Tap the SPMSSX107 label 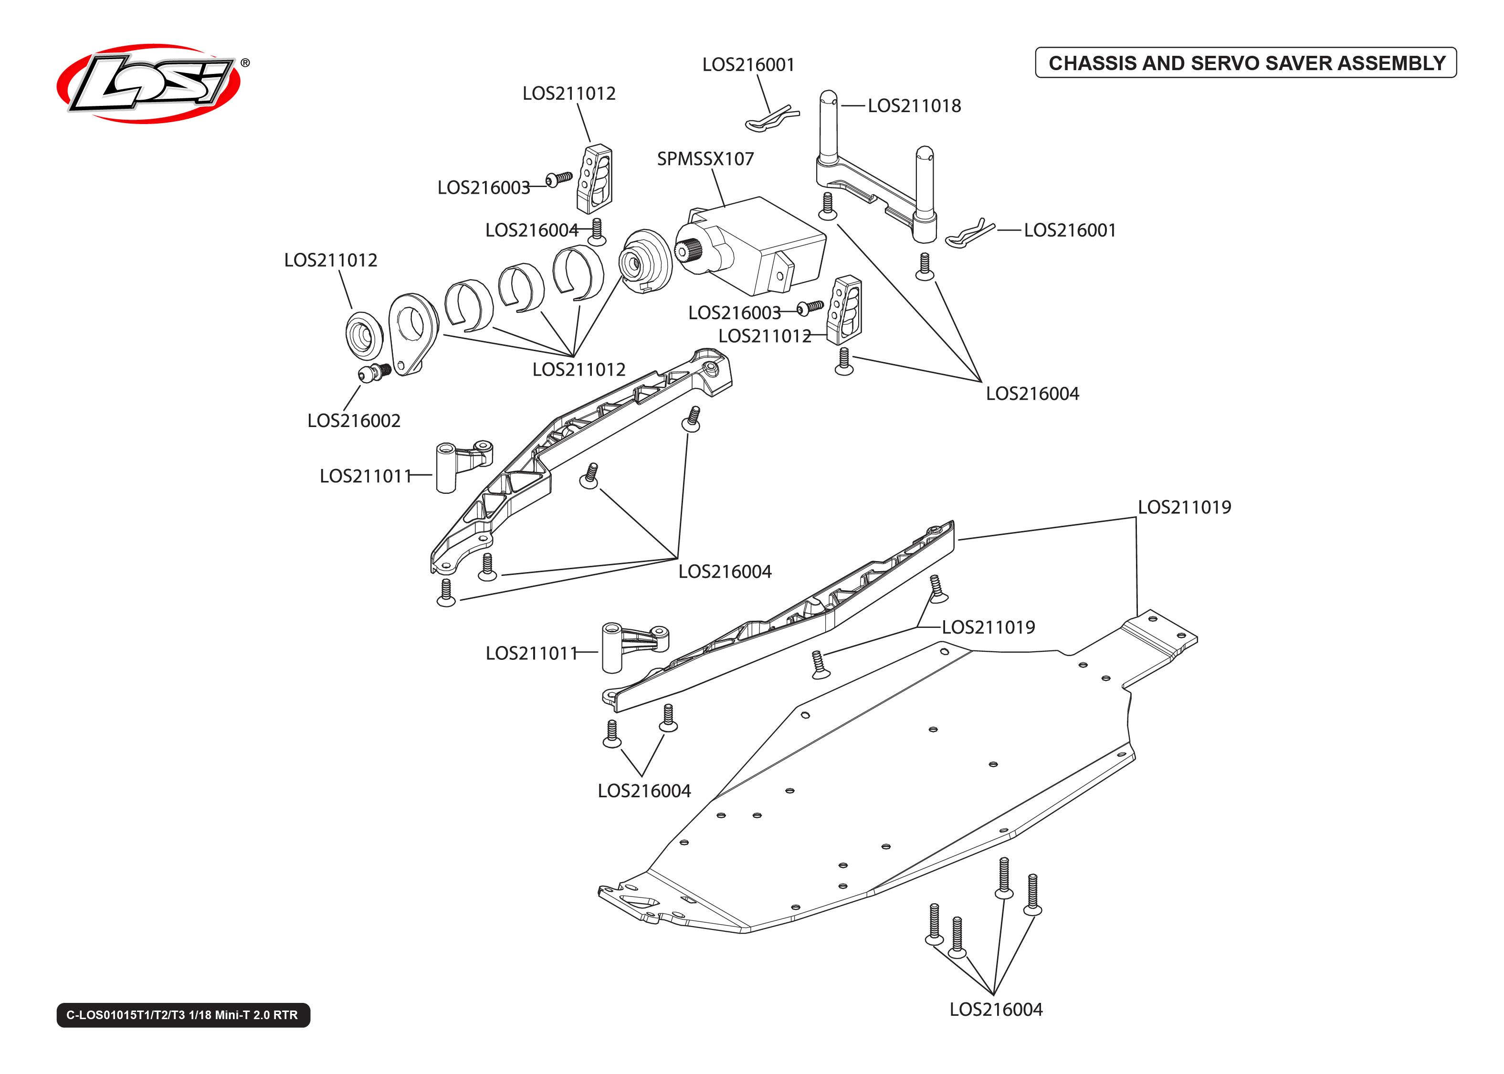(705, 159)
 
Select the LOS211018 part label (914, 106)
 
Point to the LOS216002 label (354, 421)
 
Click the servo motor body (761, 245)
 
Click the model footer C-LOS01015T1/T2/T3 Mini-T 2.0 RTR (182, 1014)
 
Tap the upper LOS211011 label (365, 476)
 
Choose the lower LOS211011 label (531, 653)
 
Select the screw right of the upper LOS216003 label (559, 178)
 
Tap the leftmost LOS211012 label (331, 260)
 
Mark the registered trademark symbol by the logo (245, 63)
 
